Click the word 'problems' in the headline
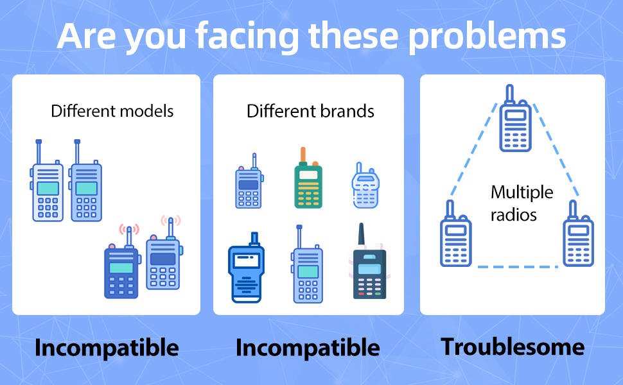[487, 37]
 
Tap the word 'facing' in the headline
[247, 37]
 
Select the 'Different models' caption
[112, 111]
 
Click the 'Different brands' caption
[310, 111]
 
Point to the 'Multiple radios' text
[521, 203]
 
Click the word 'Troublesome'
[513, 347]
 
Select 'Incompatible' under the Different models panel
[107, 348]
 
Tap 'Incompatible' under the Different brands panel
[308, 348]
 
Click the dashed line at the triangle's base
[517, 266]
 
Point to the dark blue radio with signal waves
[121, 269]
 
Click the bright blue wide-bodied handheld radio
[245, 273]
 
